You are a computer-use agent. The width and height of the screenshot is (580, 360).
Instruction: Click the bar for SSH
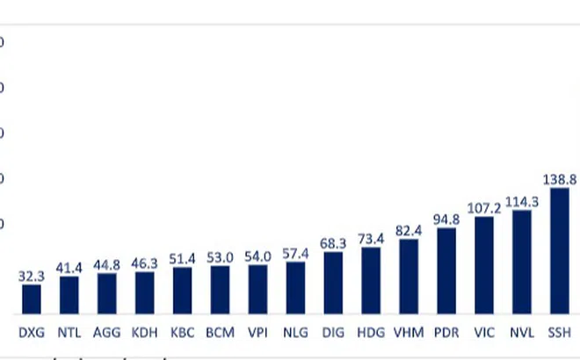(559, 251)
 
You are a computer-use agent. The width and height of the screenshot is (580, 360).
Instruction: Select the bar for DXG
(32, 299)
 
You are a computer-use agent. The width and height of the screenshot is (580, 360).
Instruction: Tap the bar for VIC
(484, 265)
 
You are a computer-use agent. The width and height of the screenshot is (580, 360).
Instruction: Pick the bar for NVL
(522, 262)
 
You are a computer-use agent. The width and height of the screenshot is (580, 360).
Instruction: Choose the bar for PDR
(446, 270)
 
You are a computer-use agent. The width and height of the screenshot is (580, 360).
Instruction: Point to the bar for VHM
(409, 277)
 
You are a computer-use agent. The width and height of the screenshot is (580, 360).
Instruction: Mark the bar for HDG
(371, 280)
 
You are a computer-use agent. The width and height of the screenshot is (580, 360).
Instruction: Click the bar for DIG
(333, 283)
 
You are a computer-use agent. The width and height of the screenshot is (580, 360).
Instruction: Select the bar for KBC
(182, 291)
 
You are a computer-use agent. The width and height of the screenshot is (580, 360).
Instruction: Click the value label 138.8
(559, 178)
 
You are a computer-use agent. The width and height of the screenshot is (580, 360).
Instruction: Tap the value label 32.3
(32, 275)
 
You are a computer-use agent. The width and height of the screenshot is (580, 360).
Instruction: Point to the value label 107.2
(484, 207)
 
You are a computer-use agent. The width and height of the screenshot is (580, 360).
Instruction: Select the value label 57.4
(295, 253)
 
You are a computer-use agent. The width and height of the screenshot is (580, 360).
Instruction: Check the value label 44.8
(107, 263)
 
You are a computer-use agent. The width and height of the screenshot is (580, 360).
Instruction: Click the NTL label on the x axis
(69, 333)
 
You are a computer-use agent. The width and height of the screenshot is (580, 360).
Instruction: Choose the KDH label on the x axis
(145, 333)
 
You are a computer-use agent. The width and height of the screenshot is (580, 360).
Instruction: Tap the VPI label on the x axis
(257, 333)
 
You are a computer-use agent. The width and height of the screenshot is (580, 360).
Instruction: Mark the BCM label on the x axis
(220, 333)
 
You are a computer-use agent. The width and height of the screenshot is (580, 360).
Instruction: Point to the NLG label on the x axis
(295, 333)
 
